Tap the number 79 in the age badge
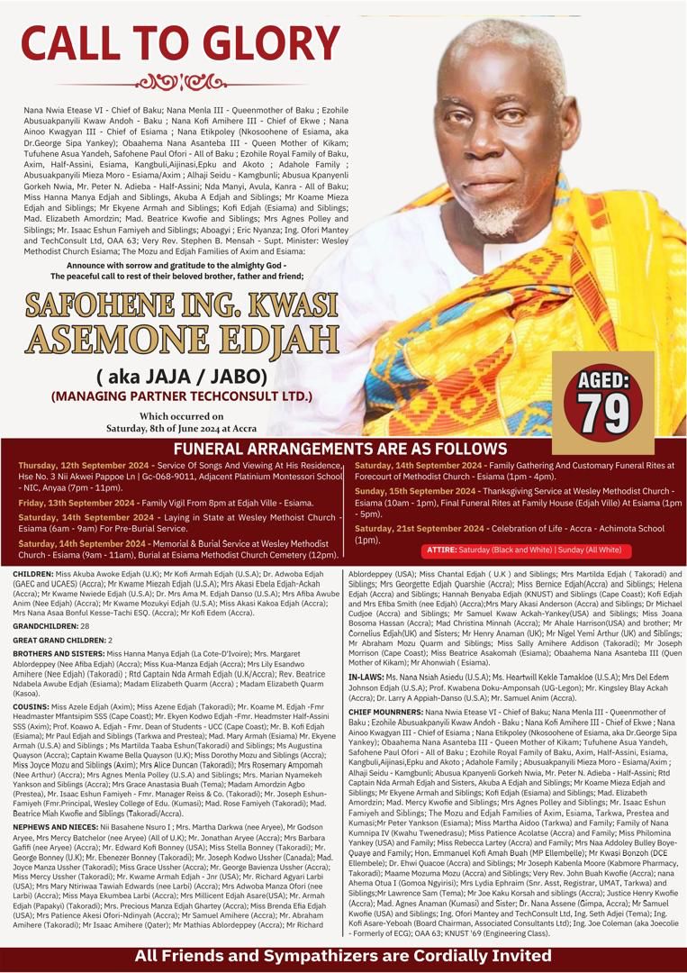603,413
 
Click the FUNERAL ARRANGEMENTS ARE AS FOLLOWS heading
344,449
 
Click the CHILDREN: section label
33,574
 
